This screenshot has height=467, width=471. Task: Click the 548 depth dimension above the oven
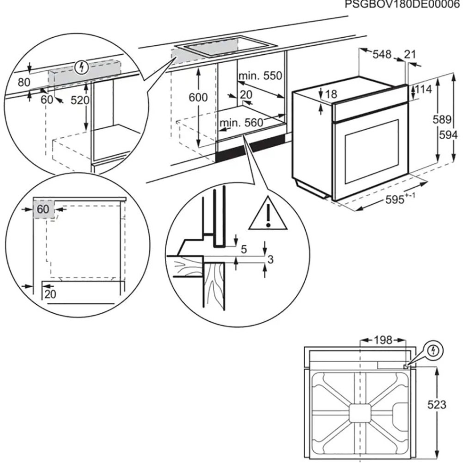382,55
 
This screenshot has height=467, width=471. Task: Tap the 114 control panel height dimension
423,90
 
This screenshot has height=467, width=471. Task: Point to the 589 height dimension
442,120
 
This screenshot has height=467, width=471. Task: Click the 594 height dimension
449,135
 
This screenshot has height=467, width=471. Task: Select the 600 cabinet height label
198,98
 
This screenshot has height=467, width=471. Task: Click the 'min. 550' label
260,75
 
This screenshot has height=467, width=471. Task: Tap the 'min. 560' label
241,123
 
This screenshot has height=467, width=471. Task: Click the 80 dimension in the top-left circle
24,82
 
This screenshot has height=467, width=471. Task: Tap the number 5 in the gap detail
244,249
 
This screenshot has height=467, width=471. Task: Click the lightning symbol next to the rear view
434,351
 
